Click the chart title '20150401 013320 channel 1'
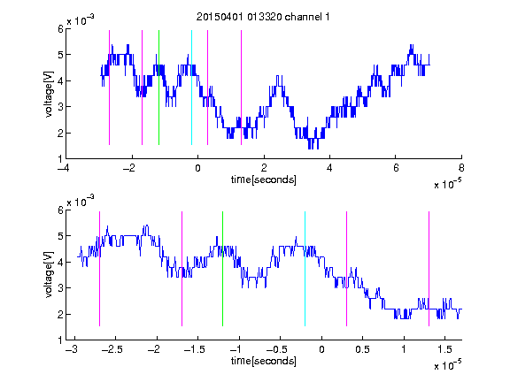tap(263, 17)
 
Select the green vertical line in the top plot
tap(158, 88)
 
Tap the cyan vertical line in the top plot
tap(191, 88)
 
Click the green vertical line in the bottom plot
tap(222, 269)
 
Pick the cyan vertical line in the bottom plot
tap(305, 269)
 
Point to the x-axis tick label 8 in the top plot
tap(461, 168)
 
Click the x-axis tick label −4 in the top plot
tap(64, 168)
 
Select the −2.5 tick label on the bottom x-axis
tap(112, 349)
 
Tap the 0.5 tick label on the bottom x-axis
tap(362, 349)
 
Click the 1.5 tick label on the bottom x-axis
tap(444, 349)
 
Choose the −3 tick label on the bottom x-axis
tap(71, 349)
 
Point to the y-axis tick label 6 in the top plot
tap(60, 28)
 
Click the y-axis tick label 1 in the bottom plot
tap(60, 340)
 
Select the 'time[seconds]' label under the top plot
tap(264, 180)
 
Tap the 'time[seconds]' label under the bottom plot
tap(264, 361)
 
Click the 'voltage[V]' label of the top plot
tap(49, 94)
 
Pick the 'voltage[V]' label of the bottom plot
tap(49, 275)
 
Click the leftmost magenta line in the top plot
tap(109, 88)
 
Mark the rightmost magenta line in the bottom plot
tap(429, 269)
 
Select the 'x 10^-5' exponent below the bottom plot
tap(447, 365)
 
